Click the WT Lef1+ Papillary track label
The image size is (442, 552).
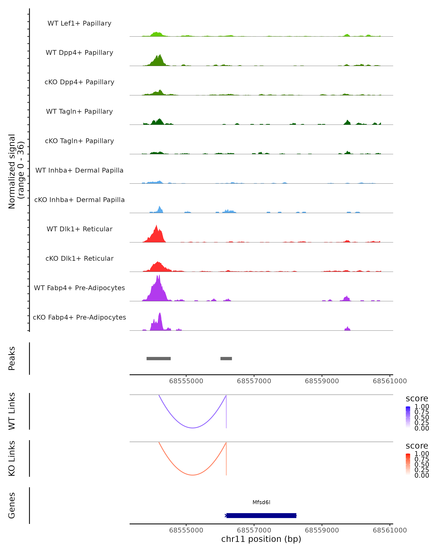(x=79, y=23)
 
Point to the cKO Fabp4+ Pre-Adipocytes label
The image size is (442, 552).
(x=79, y=317)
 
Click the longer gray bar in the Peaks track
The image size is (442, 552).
(x=159, y=358)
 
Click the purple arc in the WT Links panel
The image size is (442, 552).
(x=192, y=428)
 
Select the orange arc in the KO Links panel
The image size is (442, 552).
(x=192, y=475)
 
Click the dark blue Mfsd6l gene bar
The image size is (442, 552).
(x=261, y=515)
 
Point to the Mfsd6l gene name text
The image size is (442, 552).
(x=261, y=502)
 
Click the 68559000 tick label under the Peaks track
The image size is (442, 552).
(x=322, y=381)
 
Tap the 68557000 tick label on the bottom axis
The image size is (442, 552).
(x=254, y=530)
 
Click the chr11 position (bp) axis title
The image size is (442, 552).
(x=261, y=539)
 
